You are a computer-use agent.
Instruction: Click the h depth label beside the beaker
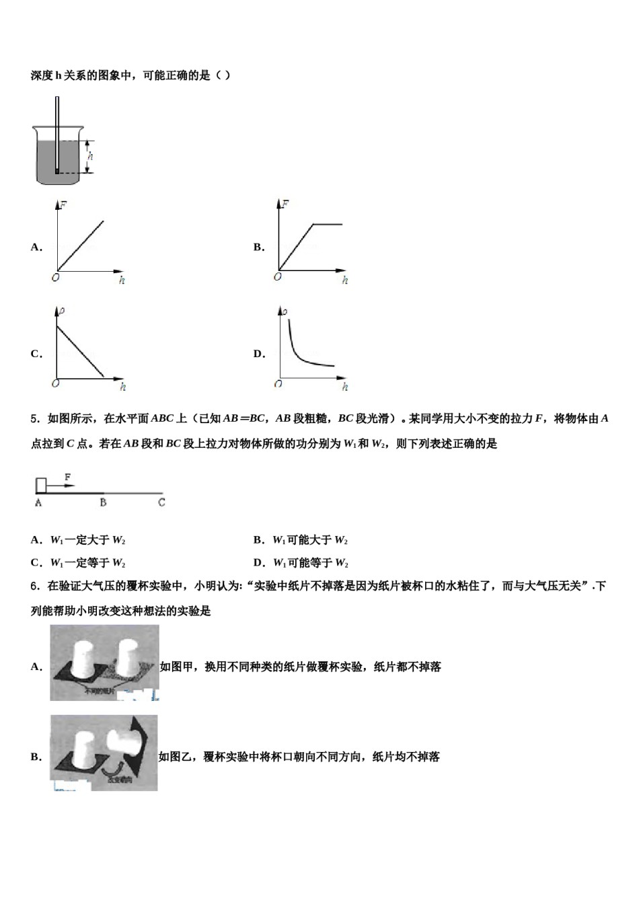coord(91,157)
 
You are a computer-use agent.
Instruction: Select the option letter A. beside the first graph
coord(36,247)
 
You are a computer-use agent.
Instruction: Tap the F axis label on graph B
coord(285,203)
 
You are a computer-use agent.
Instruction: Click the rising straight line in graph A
coord(81,246)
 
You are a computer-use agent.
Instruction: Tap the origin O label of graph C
coord(54,383)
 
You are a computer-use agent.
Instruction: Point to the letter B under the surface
coord(103,502)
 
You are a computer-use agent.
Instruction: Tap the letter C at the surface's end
coord(161,502)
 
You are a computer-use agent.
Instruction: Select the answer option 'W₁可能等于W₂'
coord(310,563)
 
